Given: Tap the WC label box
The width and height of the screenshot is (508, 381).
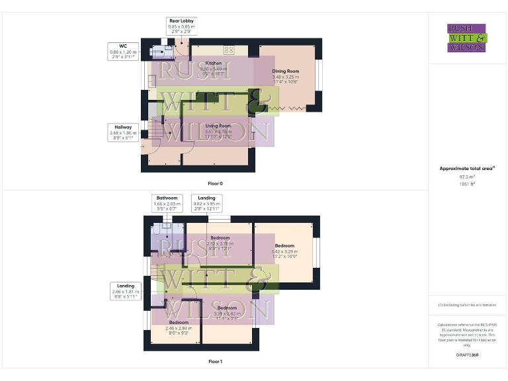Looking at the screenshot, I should (123, 51).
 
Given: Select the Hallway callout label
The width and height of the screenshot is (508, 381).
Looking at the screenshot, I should (123, 132).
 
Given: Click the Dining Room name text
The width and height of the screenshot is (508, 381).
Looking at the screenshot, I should (285, 71).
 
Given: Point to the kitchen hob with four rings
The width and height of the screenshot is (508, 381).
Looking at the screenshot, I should (229, 50).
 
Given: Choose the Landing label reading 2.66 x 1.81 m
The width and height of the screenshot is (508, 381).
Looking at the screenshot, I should (126, 291).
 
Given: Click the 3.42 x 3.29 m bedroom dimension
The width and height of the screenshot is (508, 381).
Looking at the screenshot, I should (284, 251).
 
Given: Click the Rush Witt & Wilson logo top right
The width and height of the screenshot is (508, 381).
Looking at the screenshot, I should (467, 38).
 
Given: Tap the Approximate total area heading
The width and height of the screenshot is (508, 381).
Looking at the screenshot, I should (467, 169).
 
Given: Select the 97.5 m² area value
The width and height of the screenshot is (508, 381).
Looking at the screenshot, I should (467, 177).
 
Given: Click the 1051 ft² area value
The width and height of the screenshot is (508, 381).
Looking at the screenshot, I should (467, 184).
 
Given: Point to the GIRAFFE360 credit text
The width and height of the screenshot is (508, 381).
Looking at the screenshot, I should (467, 355).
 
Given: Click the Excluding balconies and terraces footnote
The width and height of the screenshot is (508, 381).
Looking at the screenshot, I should (467, 305).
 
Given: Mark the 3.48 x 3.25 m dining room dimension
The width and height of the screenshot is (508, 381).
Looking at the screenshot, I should (285, 77).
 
